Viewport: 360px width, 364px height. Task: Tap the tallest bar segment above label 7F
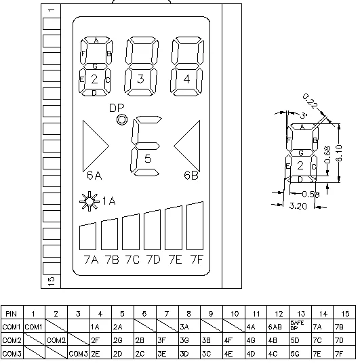pyautogui.click(x=195, y=226)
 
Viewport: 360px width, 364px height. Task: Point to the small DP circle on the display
pyautogui.click(x=122, y=120)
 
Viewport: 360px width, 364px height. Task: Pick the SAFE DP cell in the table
pyautogui.click(x=298, y=326)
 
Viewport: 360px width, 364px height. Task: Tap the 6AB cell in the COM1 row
pyautogui.click(x=276, y=327)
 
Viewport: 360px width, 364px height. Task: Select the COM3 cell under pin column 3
pyautogui.click(x=78, y=353)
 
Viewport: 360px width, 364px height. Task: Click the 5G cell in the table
pyautogui.click(x=298, y=353)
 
